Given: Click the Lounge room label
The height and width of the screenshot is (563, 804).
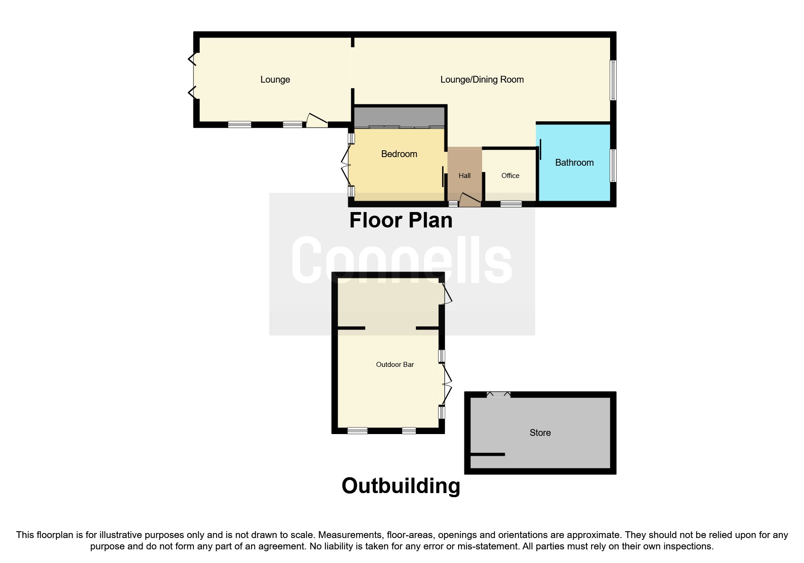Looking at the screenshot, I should (x=275, y=79).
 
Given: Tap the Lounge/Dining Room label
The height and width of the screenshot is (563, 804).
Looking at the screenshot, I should (x=482, y=79).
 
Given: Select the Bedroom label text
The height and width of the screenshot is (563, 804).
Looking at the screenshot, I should (x=399, y=154).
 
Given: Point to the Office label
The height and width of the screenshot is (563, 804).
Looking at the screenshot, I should (x=510, y=176).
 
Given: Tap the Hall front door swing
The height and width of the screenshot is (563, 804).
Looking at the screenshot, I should (x=470, y=199).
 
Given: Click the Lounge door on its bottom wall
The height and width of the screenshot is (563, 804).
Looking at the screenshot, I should (x=317, y=120).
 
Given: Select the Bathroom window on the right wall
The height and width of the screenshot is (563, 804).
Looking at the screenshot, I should (x=613, y=165).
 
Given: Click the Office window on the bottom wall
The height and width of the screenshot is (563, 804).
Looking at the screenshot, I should (x=511, y=204).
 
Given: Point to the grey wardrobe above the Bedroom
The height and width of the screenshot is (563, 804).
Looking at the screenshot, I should (x=399, y=117).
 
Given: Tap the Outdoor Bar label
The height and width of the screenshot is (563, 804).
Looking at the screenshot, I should (x=395, y=365).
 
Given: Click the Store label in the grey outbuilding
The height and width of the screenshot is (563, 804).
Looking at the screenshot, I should (x=540, y=433).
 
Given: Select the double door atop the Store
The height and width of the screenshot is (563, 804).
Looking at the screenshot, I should (x=498, y=395).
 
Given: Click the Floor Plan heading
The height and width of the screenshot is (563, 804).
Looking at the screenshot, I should (x=400, y=221).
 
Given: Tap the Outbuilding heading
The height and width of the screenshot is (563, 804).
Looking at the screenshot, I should (x=400, y=486).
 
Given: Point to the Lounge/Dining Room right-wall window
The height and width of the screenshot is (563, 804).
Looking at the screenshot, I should (x=613, y=80).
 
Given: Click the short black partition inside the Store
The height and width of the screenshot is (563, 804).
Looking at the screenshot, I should (x=488, y=454).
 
